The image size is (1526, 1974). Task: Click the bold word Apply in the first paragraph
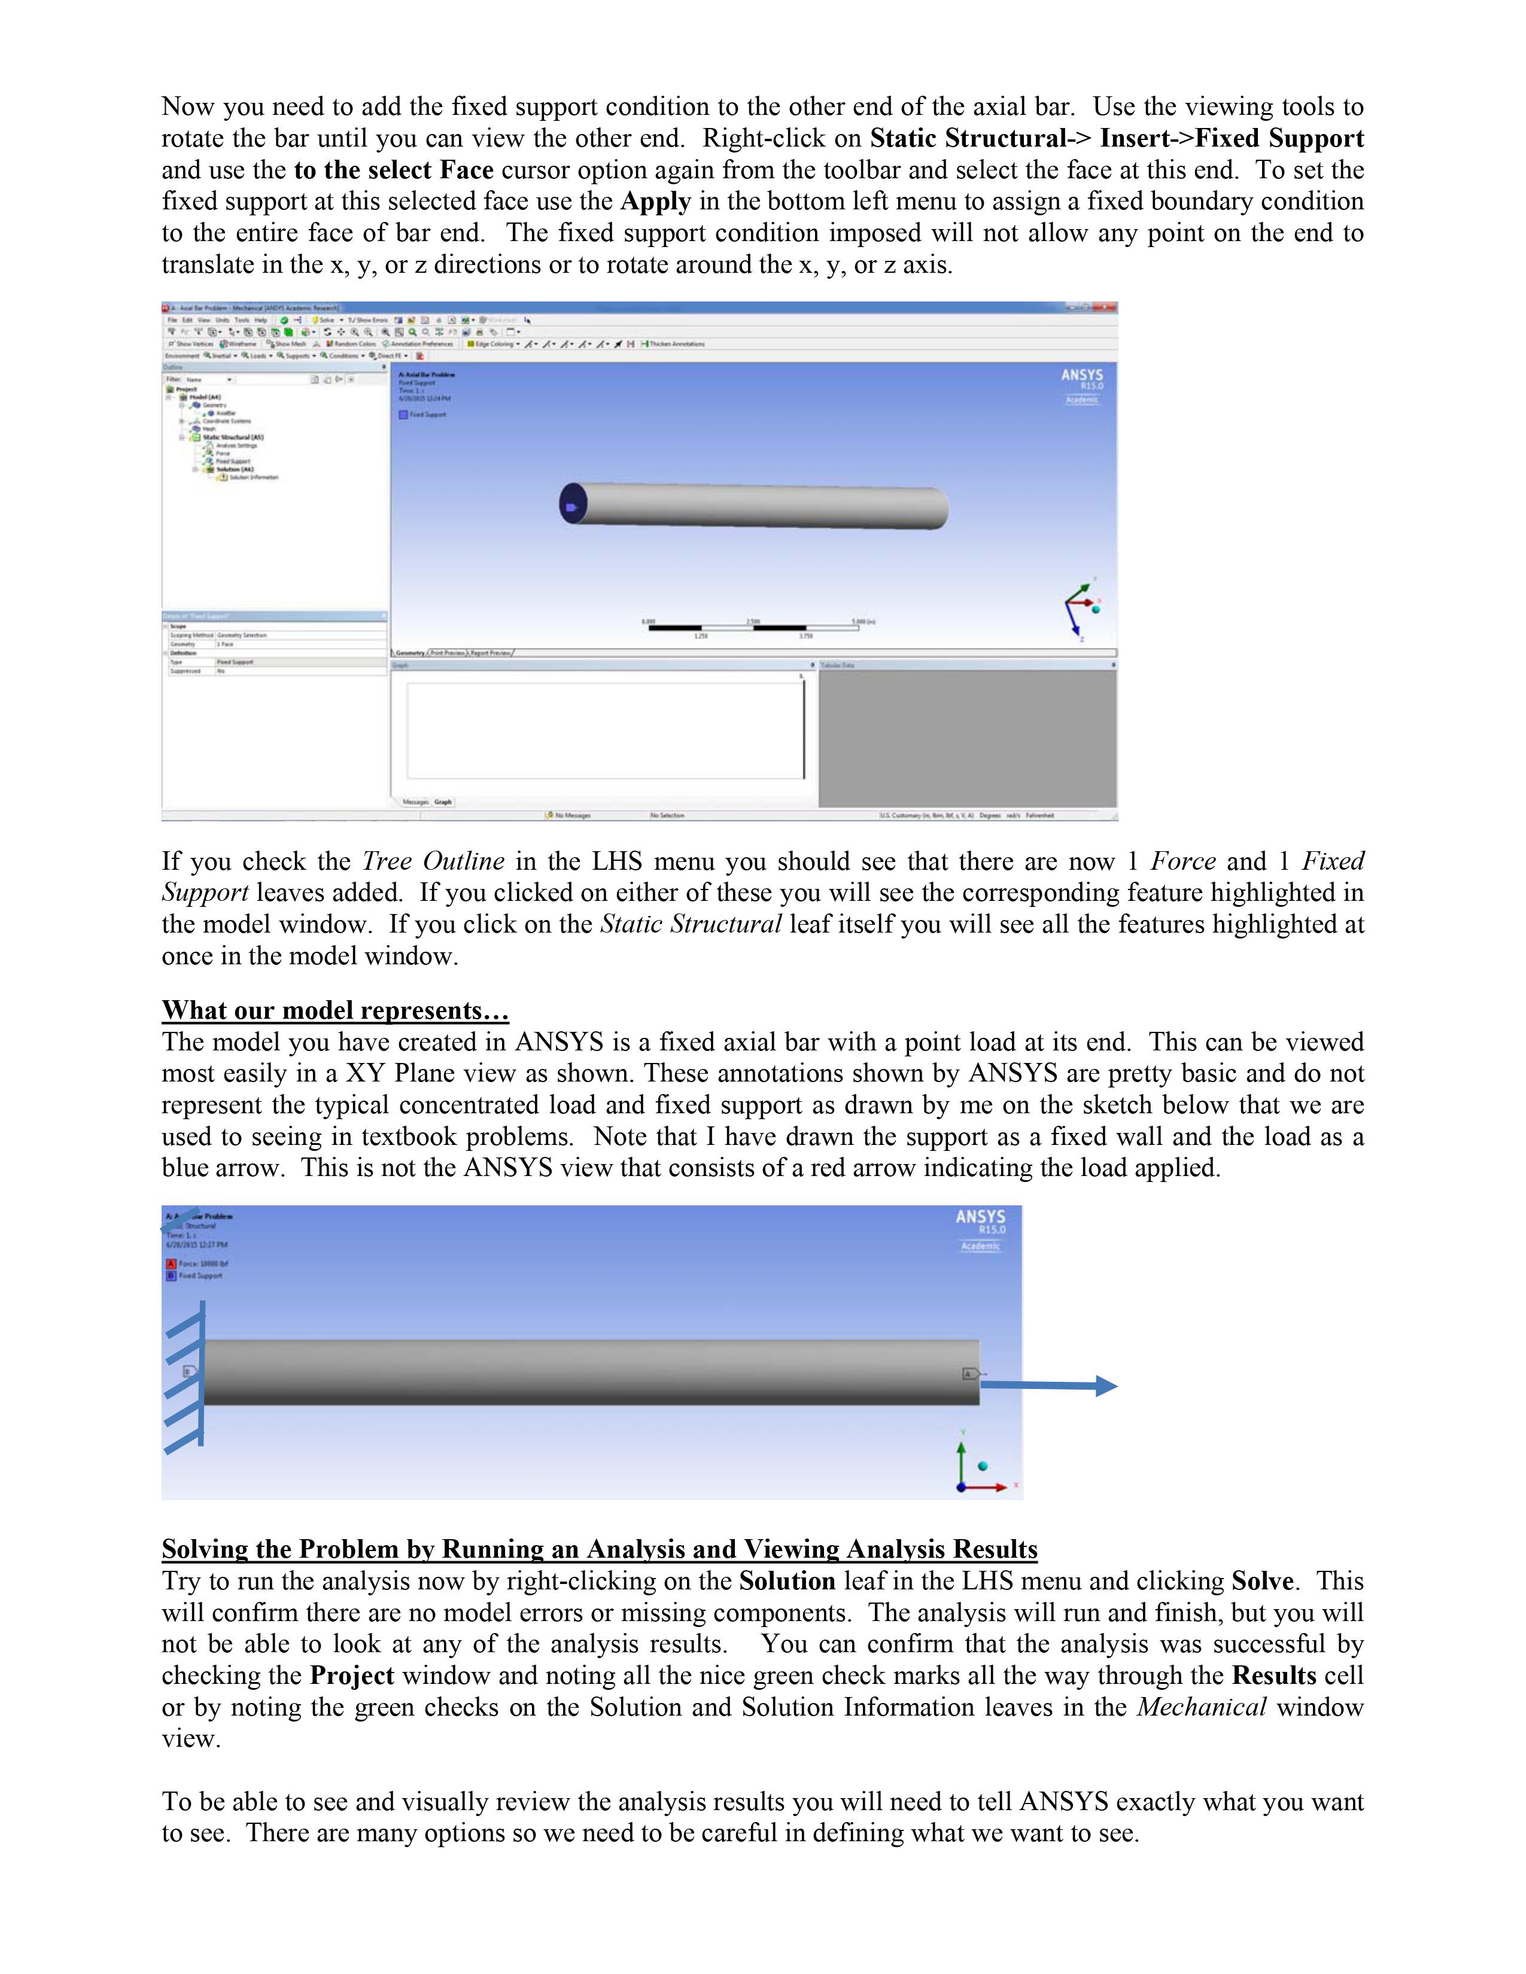coord(655,202)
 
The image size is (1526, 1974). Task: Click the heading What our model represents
coord(335,1010)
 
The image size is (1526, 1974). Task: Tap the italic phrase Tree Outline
coord(433,861)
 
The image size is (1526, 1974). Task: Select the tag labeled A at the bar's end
coord(969,1374)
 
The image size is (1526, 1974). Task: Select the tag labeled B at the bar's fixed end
coord(190,1371)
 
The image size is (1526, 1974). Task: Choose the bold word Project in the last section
coord(352,1676)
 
